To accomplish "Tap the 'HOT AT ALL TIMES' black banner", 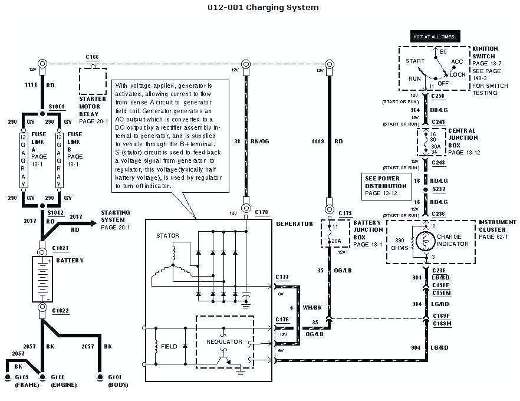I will coord(435,37).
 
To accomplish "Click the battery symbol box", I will coord(43,281).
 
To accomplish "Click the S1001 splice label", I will coord(57,107).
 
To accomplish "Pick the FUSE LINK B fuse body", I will coord(59,160).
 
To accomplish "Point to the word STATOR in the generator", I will coord(167,236).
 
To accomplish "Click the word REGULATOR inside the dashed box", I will coord(224,341).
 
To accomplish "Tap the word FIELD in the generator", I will coord(169,347).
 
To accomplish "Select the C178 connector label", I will coord(262,211).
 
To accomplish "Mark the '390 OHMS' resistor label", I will coord(399,244).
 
